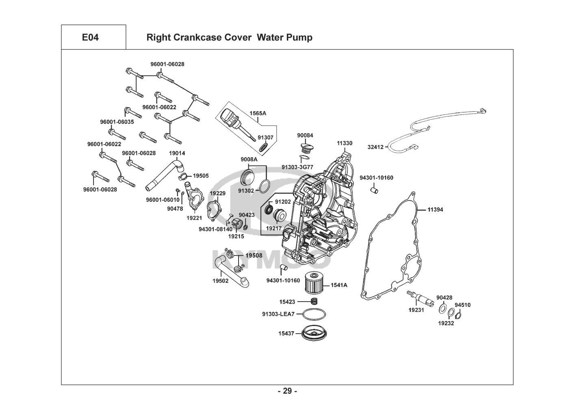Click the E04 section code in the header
coord(90,38)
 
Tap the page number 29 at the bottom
coord(287,391)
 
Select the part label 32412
coord(375,147)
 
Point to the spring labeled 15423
coord(314,302)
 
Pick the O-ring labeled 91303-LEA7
coord(314,314)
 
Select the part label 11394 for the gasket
coord(435,210)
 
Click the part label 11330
coord(344,143)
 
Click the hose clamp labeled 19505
coord(183,176)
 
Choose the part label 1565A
coord(258,113)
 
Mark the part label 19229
coord(217,193)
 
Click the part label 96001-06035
coord(117,122)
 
